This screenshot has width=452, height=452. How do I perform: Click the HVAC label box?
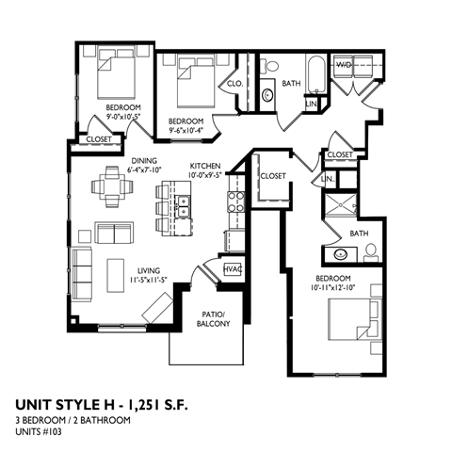[231, 269]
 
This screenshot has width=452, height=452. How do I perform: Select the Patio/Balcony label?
[207, 320]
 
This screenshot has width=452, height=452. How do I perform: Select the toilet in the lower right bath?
[370, 250]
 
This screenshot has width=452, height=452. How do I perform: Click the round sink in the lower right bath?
[337, 252]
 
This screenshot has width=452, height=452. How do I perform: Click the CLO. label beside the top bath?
[235, 83]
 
